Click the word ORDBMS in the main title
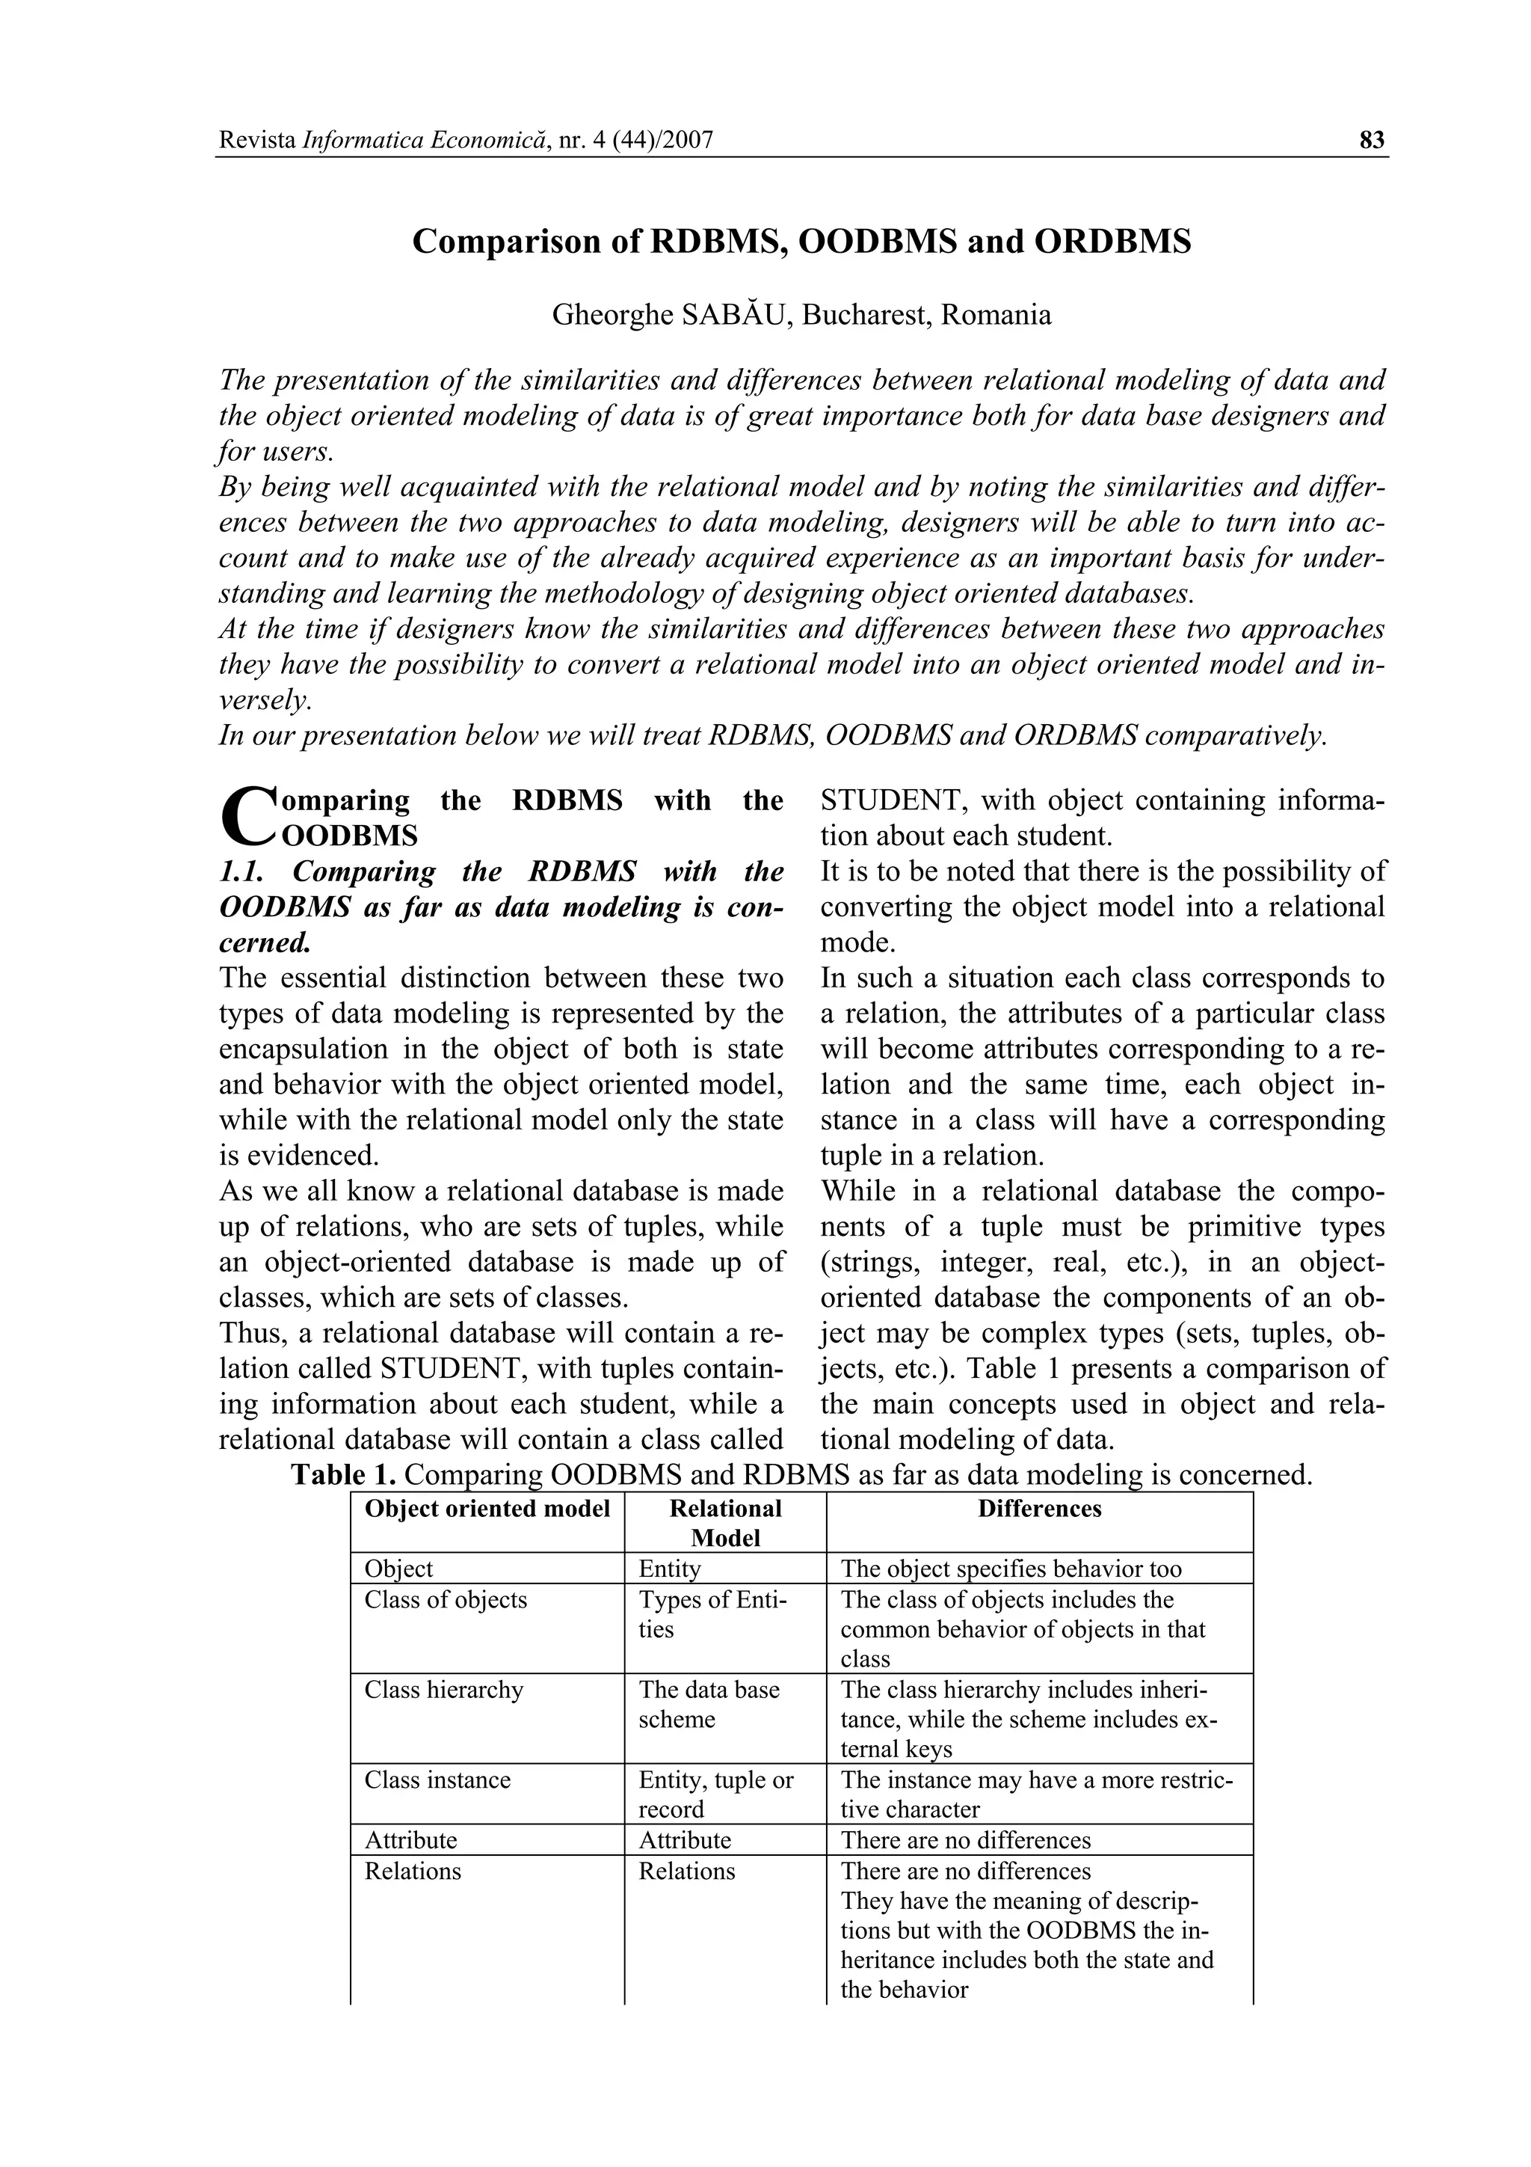pyautogui.click(x=1112, y=242)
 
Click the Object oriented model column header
pyautogui.click(x=487, y=1508)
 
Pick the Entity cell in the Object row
pyautogui.click(x=670, y=1569)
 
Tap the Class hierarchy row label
pyautogui.click(x=443, y=1690)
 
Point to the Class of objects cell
pyautogui.click(x=446, y=1600)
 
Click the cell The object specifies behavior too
pyautogui.click(x=1010, y=1569)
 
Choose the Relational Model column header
pyautogui.click(x=724, y=1522)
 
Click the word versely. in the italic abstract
pyautogui.click(x=264, y=700)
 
